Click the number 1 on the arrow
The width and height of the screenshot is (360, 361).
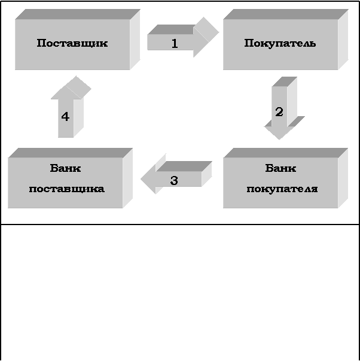click(175, 43)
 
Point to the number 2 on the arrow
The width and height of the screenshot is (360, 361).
click(279, 112)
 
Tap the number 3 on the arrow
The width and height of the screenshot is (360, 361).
click(174, 180)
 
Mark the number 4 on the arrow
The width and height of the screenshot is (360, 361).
click(65, 117)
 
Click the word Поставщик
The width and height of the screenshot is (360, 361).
click(72, 43)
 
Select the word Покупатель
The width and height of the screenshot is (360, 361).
click(280, 43)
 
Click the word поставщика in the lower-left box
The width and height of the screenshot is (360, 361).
click(66, 189)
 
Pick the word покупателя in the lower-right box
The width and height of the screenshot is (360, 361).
click(282, 189)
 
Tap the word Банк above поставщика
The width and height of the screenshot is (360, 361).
click(66, 168)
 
